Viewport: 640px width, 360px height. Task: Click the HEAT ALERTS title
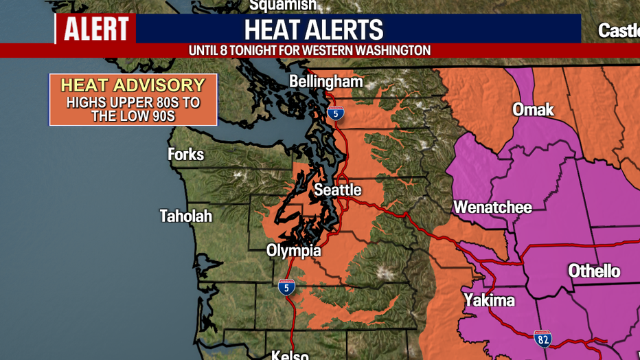coord(314,30)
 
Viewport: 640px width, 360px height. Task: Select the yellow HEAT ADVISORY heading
coord(133,85)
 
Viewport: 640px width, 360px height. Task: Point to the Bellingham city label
coord(325,82)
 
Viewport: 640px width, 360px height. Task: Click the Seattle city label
coord(337,190)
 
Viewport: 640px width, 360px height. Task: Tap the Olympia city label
coord(293,251)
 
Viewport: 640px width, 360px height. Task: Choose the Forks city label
coord(185,154)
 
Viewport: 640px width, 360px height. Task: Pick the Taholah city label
coord(185,216)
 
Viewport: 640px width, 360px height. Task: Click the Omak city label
coord(533,110)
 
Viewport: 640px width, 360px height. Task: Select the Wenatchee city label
coord(492,207)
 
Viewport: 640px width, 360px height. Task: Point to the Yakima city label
coord(489,300)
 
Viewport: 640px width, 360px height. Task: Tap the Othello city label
coord(594,271)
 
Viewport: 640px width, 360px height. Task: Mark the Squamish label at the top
coord(282,5)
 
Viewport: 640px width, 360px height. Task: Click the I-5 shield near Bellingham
coord(335,113)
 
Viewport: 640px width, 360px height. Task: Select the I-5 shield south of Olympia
coord(286,287)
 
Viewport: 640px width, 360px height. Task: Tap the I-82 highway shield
coord(542,338)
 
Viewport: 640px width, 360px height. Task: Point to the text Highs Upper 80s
coord(133,102)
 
